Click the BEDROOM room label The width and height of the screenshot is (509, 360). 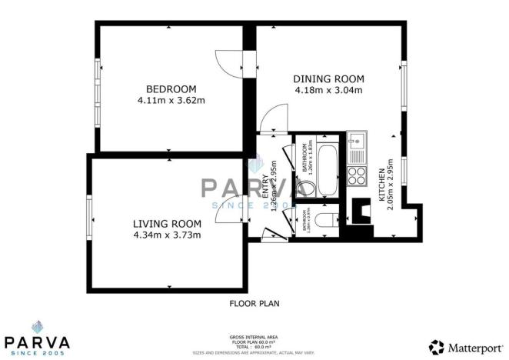point(171,88)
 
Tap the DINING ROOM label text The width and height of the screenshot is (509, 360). point(328,78)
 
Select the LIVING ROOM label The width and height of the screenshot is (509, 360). point(168,223)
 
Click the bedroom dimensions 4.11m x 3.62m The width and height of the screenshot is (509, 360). point(171,100)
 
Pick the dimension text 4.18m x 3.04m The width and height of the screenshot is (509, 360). point(328,90)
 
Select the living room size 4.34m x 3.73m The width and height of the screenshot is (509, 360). point(168,235)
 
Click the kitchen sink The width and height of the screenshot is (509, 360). point(357,142)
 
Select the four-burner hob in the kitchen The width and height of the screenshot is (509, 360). point(358,175)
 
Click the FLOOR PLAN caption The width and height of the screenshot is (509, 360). point(254,303)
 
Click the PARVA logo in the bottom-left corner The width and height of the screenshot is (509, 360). point(37,338)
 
